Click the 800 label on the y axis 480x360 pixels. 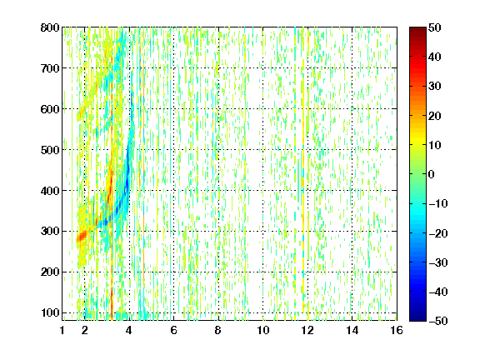50,27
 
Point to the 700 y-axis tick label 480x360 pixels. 50,68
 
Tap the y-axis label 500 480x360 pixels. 50,150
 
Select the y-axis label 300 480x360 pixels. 50,231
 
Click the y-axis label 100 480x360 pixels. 50,312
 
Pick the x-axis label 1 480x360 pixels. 62,330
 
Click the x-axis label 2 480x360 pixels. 84,330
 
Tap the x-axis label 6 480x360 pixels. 173,330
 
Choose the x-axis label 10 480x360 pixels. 262,330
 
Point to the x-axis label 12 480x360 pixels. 307,330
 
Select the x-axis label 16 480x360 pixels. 397,330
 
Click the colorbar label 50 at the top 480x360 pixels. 435,27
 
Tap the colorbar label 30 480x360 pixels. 435,86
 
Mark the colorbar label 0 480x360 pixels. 432,174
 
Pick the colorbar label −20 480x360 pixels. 438,233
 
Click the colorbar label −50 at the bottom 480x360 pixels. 438,321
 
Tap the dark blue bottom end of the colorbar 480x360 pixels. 417,318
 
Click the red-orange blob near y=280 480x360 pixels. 82,237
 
